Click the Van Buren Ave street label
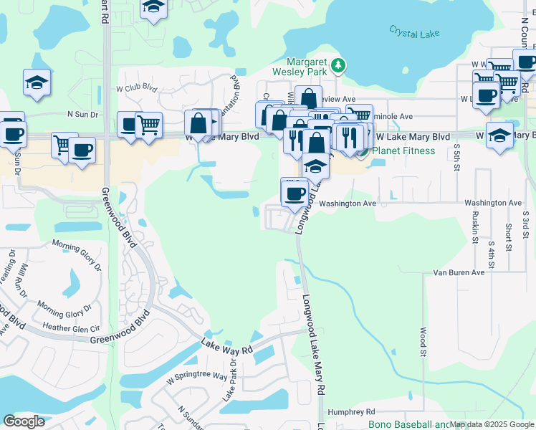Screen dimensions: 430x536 459,272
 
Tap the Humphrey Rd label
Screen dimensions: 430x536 351,412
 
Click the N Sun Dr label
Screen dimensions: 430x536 82,114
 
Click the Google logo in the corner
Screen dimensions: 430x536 24,421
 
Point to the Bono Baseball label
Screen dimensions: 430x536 408,424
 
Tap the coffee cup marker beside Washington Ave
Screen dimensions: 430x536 294,193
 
